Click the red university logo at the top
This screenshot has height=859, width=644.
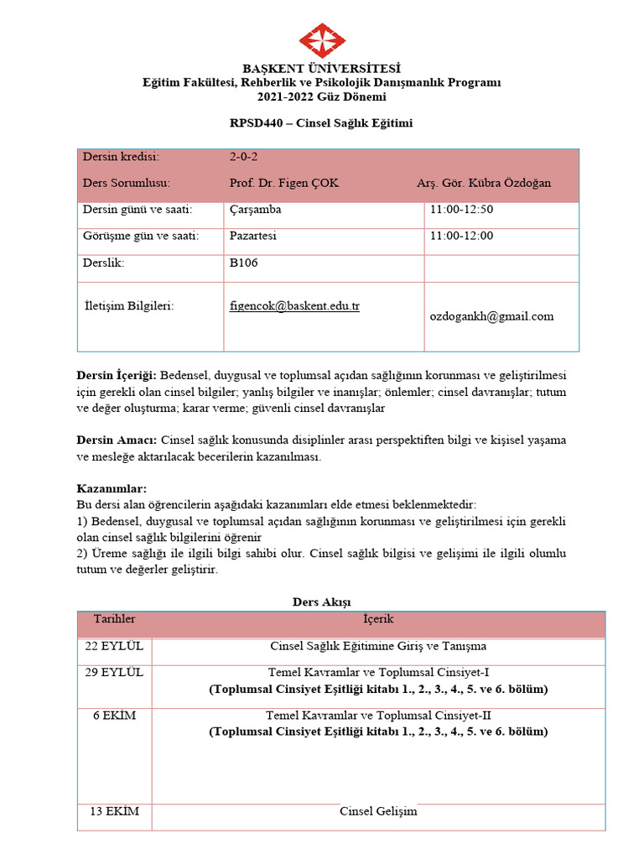click(322, 42)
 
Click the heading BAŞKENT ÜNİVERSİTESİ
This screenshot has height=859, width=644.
click(322, 68)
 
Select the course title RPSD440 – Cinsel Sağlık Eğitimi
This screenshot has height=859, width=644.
click(321, 122)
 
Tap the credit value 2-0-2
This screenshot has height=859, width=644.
click(244, 157)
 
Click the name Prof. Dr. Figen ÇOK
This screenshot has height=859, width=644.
click(283, 183)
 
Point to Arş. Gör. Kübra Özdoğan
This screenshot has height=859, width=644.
click(484, 183)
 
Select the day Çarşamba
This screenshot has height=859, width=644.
click(255, 210)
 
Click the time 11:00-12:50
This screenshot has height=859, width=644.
click(461, 210)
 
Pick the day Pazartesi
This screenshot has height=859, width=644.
click(252, 236)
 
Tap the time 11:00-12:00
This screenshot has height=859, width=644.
click(461, 236)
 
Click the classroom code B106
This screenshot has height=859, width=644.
click(243, 263)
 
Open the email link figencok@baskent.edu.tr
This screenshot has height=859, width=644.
click(294, 306)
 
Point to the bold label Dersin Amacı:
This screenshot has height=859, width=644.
click(117, 440)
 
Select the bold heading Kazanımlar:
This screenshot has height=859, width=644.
click(112, 488)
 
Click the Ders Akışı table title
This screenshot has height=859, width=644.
click(321, 601)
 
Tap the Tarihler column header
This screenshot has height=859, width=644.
click(114, 619)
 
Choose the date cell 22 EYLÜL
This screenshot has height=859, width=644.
click(114, 646)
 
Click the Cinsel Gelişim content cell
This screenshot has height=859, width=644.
click(378, 811)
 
